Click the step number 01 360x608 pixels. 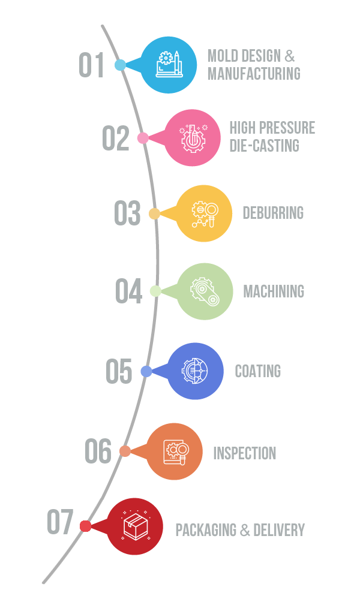(x=91, y=65)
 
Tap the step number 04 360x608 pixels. (x=128, y=291)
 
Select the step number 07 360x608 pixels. (x=60, y=522)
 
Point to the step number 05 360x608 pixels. (x=119, y=371)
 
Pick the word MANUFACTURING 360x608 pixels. (x=254, y=74)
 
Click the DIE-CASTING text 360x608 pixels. (x=264, y=146)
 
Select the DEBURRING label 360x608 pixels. (x=273, y=213)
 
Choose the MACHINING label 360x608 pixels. (x=274, y=291)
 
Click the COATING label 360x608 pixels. (x=258, y=371)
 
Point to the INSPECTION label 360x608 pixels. (x=245, y=453)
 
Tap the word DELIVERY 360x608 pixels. (x=279, y=530)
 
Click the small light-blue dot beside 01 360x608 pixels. (x=120, y=65)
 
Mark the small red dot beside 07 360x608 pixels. (x=85, y=526)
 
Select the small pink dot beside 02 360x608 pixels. (x=143, y=138)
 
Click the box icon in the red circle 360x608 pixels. (x=136, y=526)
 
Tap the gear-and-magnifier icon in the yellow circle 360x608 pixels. (x=205, y=214)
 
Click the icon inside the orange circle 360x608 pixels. (x=176, y=452)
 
